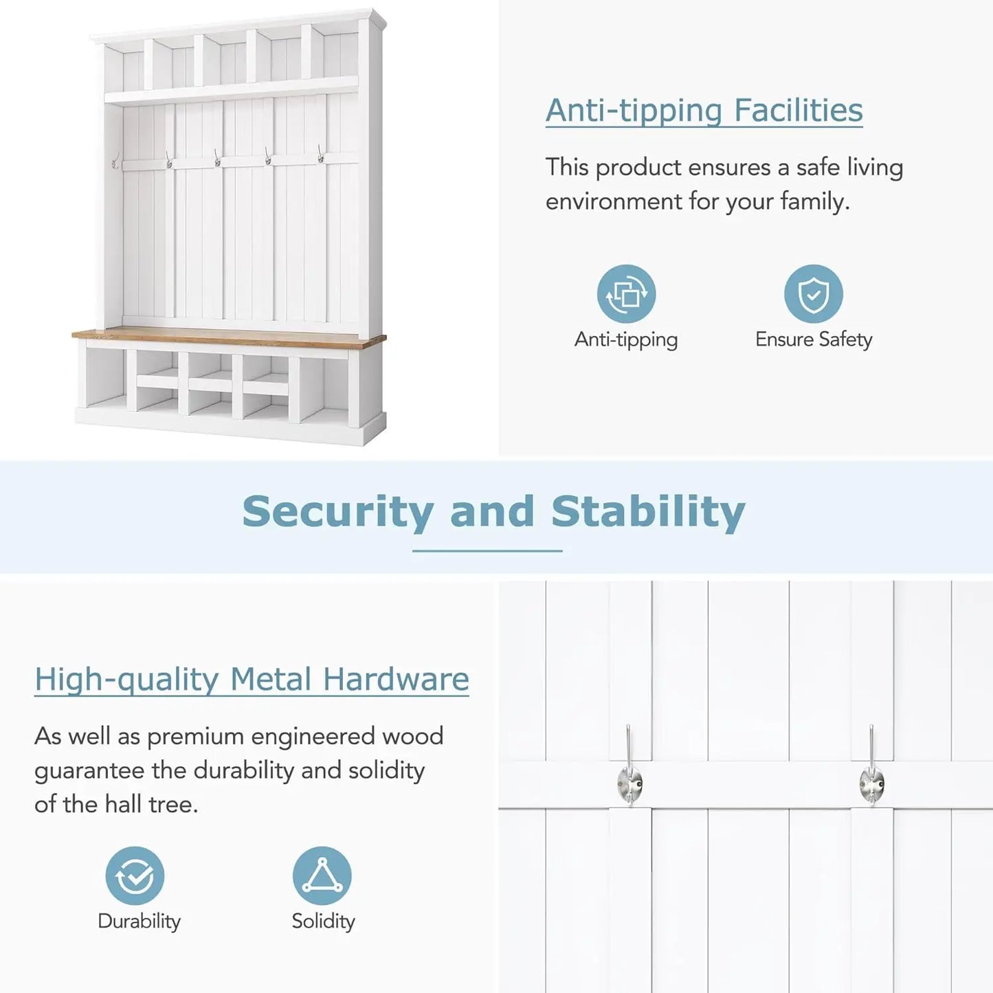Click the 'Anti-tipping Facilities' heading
[x=704, y=110]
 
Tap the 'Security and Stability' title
[x=493, y=512]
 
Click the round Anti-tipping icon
[x=626, y=293]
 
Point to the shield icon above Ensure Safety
[x=813, y=293]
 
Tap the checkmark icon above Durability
[x=135, y=875]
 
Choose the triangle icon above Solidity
[x=322, y=875]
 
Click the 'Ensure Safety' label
[x=814, y=339]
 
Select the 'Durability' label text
[x=139, y=922]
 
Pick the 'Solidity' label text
[x=323, y=922]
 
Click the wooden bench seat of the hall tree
[x=229, y=337]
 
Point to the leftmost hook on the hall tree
[x=115, y=160]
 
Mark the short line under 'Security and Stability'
[x=487, y=551]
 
